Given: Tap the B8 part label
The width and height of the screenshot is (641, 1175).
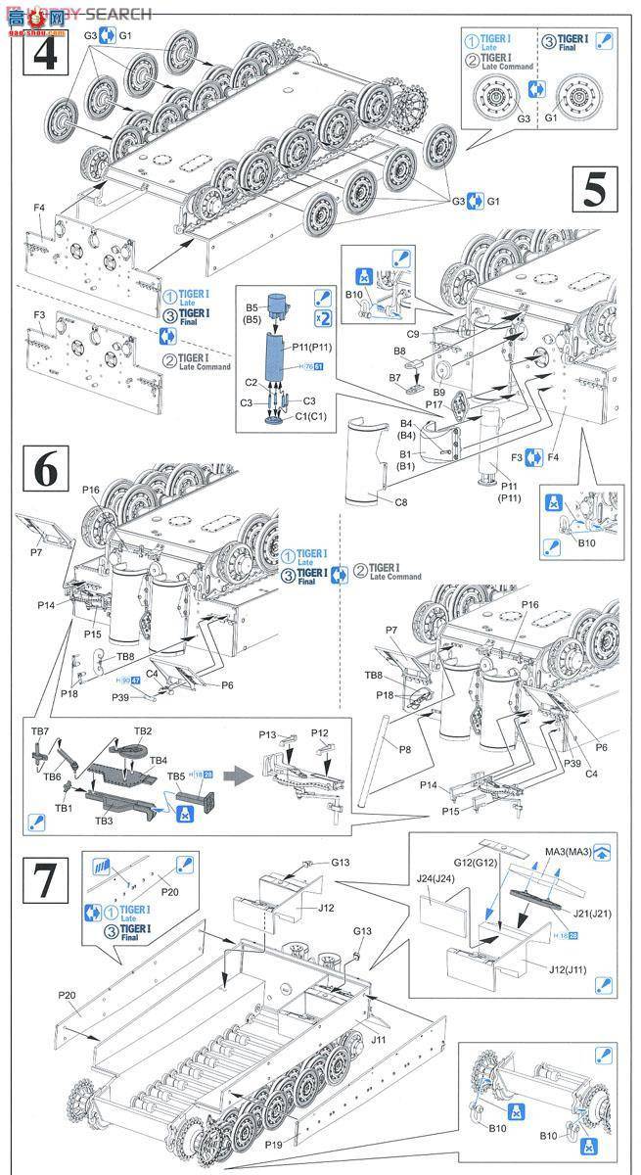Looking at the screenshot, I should (x=400, y=350).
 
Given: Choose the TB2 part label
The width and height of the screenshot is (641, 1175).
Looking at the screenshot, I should (x=143, y=730).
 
